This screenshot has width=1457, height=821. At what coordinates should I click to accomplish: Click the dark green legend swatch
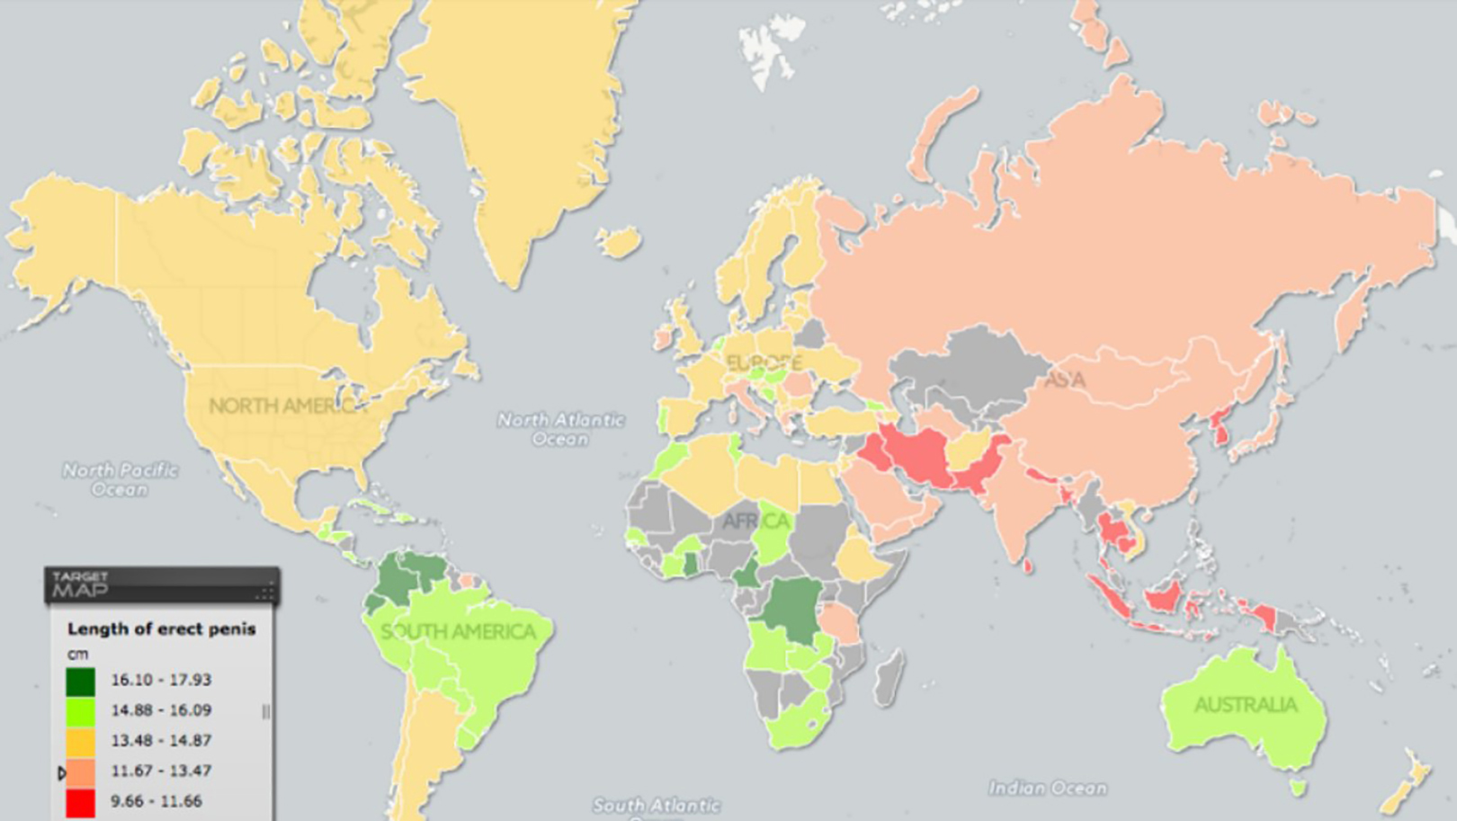pyautogui.click(x=80, y=681)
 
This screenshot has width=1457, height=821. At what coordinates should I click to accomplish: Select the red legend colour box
pyautogui.click(x=80, y=801)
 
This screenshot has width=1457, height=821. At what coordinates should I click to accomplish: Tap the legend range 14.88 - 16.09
pyautogui.click(x=161, y=710)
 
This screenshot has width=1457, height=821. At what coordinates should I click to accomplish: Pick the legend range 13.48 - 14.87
pyautogui.click(x=161, y=741)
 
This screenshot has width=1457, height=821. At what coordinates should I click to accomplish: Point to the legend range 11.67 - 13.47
pyautogui.click(x=161, y=771)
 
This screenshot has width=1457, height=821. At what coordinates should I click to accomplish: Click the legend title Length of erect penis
pyautogui.click(x=162, y=629)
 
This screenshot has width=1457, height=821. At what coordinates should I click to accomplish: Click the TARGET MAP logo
pyautogui.click(x=80, y=585)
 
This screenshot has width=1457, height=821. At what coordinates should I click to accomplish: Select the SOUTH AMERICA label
pyautogui.click(x=458, y=632)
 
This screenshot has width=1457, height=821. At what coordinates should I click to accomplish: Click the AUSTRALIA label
pyautogui.click(x=1246, y=705)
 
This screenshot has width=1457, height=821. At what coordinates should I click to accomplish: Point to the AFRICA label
pyautogui.click(x=755, y=522)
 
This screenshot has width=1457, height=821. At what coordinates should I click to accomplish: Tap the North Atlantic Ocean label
pyautogui.click(x=560, y=429)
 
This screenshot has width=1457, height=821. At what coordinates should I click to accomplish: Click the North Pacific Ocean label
pyautogui.click(x=120, y=479)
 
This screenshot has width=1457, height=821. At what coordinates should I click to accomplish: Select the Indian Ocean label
pyautogui.click(x=1048, y=789)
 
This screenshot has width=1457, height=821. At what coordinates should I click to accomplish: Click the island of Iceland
pyautogui.click(x=620, y=241)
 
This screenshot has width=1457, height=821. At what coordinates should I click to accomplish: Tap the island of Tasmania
pyautogui.click(x=1297, y=788)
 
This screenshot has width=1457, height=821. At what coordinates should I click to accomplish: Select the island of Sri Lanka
pyautogui.click(x=1028, y=566)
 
